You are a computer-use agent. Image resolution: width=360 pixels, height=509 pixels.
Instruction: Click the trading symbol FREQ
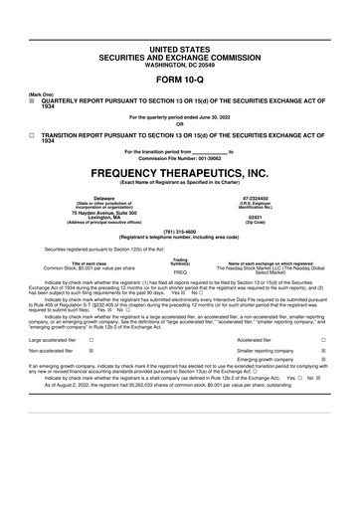(x=180, y=271)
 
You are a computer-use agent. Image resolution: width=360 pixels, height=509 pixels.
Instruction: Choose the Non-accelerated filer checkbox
(x=91, y=351)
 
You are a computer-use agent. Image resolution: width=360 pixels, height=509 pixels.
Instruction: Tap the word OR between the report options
(x=179, y=123)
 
